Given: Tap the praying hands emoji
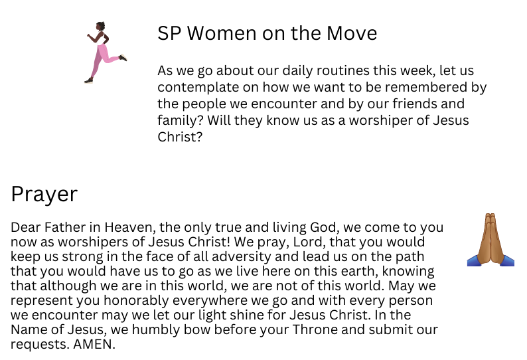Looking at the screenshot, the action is [490, 240].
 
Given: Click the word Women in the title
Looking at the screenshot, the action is [222, 33].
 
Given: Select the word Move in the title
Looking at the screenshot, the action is [352, 33].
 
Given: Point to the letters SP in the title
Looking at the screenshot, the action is [169, 33].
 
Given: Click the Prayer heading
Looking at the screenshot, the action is [44, 195].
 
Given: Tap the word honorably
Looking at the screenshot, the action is [136, 300].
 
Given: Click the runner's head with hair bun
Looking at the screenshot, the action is [100, 27].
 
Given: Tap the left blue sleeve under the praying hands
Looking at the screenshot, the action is [474, 261].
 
